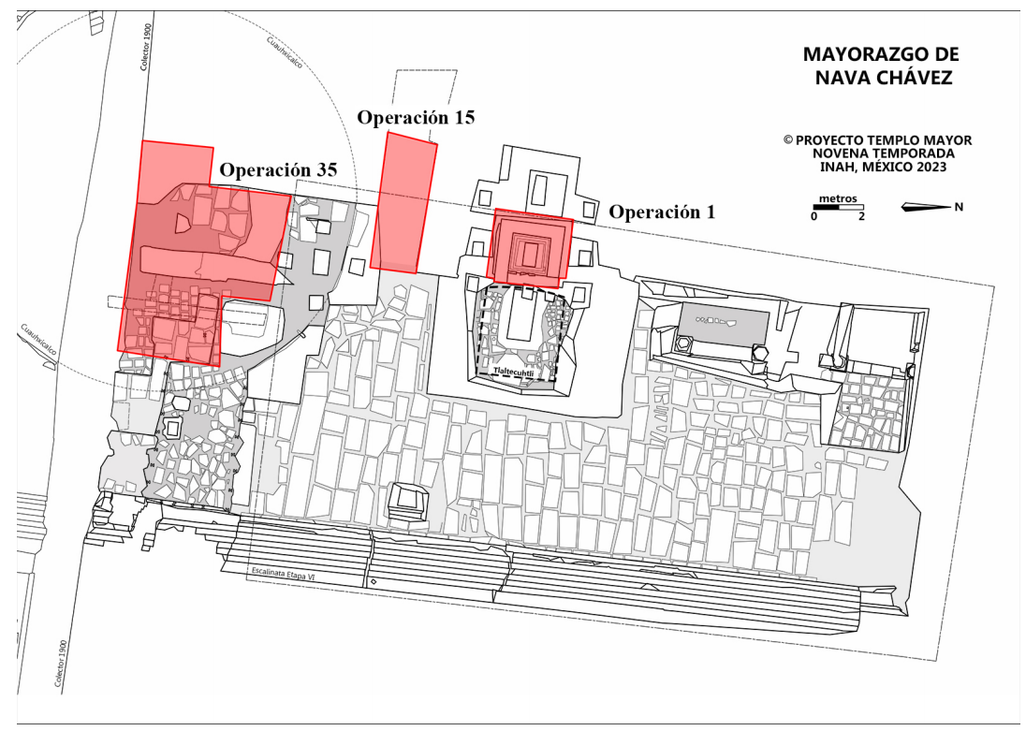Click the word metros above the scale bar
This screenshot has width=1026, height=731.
835,198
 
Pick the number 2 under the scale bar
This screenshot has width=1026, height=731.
861,217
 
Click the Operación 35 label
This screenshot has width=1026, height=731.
278,170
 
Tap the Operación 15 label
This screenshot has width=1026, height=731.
417,118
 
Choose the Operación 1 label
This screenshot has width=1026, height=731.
662,212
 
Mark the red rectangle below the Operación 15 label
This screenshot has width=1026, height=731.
404,201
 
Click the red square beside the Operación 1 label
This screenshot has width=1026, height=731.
530,247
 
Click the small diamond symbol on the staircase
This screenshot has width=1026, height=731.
374,583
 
